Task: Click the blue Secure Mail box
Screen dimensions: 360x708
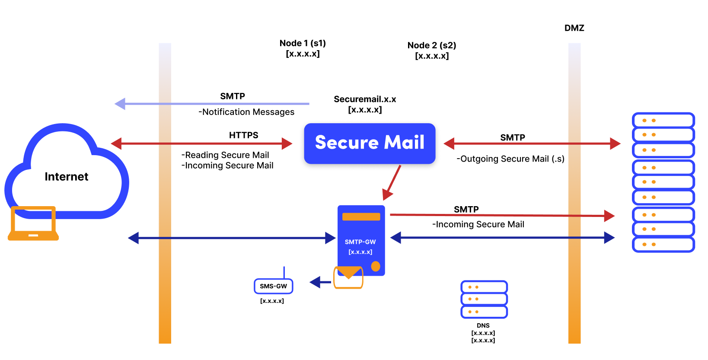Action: tap(370, 143)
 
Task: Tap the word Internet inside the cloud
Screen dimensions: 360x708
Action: tap(66, 177)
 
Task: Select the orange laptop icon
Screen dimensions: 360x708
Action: tap(33, 223)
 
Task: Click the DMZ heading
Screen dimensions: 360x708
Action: tap(574, 28)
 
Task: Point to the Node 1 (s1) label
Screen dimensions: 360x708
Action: tap(303, 43)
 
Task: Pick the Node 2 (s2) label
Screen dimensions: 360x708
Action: tap(431, 45)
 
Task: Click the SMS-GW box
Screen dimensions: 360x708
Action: tap(273, 286)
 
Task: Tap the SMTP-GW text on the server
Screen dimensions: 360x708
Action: tap(360, 242)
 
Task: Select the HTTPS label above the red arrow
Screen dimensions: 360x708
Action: tap(243, 135)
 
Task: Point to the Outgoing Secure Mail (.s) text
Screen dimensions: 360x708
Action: tap(510, 159)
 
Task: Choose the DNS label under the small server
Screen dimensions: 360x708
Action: tap(483, 325)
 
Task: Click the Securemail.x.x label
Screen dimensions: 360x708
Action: tap(365, 99)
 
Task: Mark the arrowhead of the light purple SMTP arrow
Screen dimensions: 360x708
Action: tap(120, 104)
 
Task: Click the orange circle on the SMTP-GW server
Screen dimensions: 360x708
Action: tap(376, 266)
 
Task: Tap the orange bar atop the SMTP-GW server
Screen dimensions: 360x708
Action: tap(361, 217)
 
